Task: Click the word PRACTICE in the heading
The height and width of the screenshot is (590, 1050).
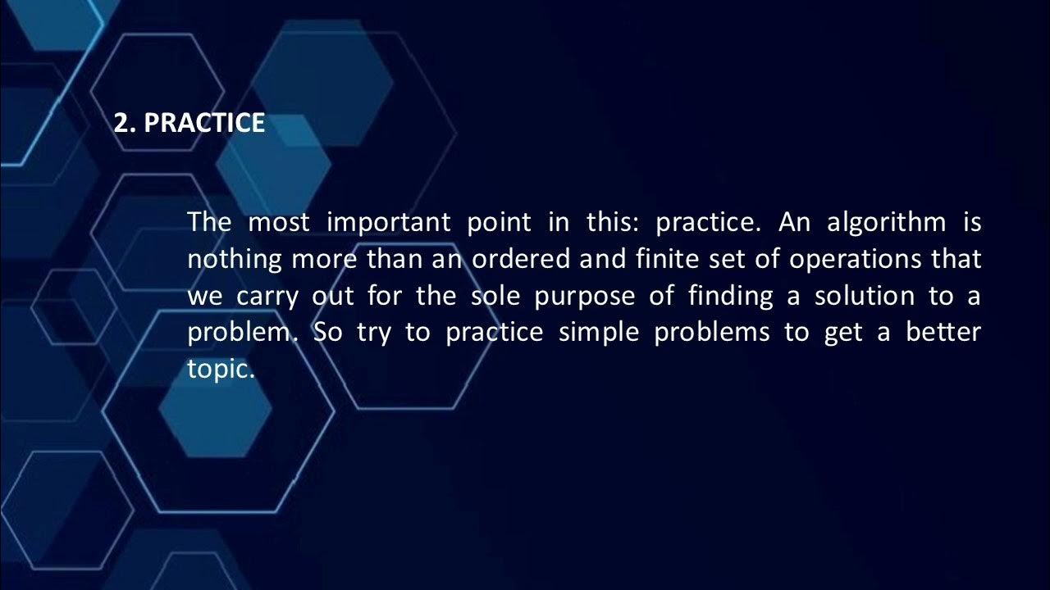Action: tap(204, 123)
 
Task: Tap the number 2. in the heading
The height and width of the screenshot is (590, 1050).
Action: tap(124, 123)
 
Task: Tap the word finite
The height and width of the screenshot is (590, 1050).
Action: tap(663, 260)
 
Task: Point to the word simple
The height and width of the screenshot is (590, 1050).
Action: tap(599, 334)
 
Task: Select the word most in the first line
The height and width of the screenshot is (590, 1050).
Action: tap(279, 222)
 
